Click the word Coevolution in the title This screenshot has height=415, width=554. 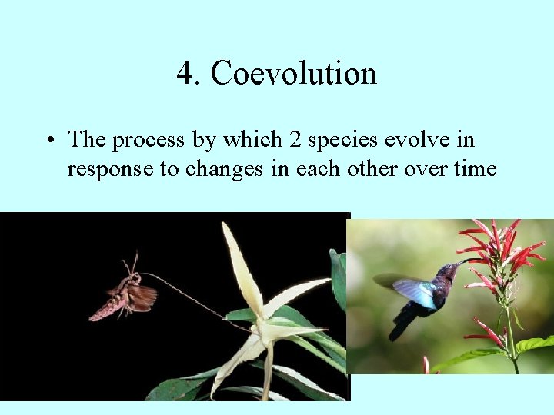click(x=293, y=74)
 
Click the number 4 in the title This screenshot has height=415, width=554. click(x=184, y=74)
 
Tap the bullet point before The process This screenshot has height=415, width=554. click(x=49, y=141)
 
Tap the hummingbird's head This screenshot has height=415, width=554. click(x=447, y=271)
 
